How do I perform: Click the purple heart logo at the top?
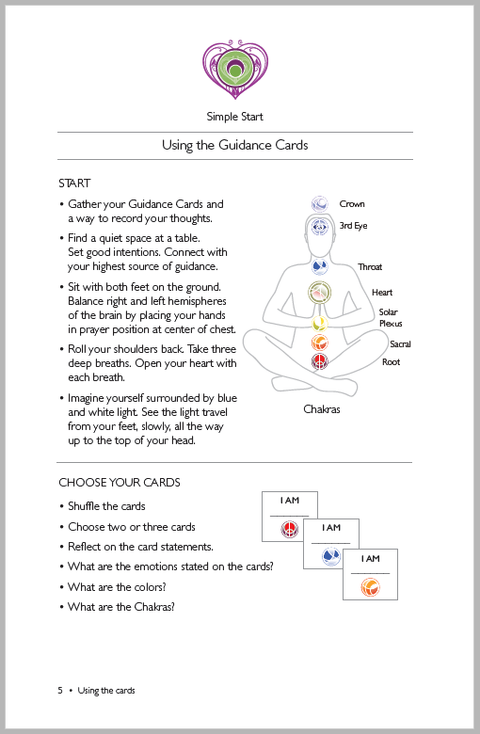click(x=235, y=70)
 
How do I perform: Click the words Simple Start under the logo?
click(x=235, y=117)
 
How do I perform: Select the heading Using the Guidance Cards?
click(x=235, y=145)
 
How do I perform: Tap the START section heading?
click(x=74, y=183)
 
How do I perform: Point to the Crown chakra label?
click(x=352, y=204)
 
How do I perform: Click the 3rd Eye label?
click(x=354, y=226)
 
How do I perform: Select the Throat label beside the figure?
click(x=370, y=267)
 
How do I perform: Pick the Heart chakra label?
click(x=382, y=293)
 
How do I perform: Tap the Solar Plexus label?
click(x=391, y=317)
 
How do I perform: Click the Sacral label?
click(x=400, y=344)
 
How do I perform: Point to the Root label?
click(x=391, y=362)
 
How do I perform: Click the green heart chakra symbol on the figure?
click(x=319, y=293)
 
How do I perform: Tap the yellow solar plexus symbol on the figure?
click(x=320, y=323)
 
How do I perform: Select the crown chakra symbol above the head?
click(x=320, y=204)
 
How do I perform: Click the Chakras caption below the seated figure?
click(x=322, y=409)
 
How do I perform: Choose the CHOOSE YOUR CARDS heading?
click(x=120, y=483)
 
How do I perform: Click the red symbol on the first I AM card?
click(x=289, y=530)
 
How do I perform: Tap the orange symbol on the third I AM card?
click(x=370, y=587)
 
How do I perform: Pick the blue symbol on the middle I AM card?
click(x=331, y=557)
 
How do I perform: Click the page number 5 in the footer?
click(x=60, y=691)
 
